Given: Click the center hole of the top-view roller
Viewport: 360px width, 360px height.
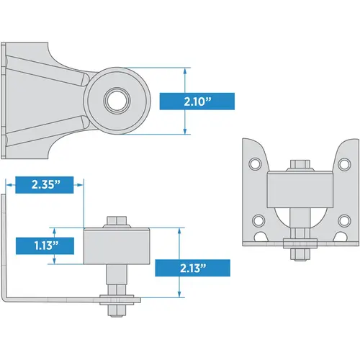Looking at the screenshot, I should pyautogui.click(x=114, y=99).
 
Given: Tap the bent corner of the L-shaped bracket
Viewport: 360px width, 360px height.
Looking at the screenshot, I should pyautogui.click(x=9, y=297).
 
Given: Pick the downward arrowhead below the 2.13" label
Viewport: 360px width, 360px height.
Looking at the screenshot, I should pyautogui.click(x=178, y=294).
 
